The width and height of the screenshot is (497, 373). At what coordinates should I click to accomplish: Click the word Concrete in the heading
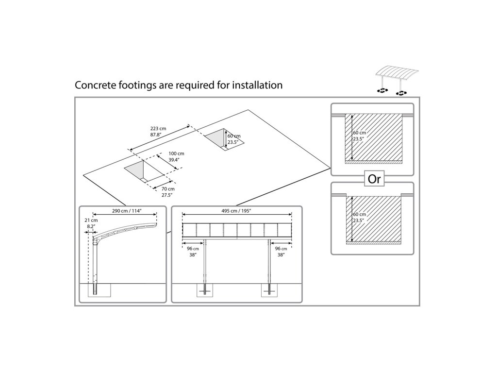(x=95, y=85)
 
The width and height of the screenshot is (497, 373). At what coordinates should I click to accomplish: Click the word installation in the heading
(x=257, y=85)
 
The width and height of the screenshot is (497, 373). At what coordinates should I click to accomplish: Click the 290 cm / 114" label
(x=127, y=211)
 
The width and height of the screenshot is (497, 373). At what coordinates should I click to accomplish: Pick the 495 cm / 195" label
(x=236, y=211)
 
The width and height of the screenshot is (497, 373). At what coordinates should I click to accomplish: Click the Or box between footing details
(x=374, y=179)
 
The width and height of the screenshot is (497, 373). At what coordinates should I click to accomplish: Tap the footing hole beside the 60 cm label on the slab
(x=224, y=139)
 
